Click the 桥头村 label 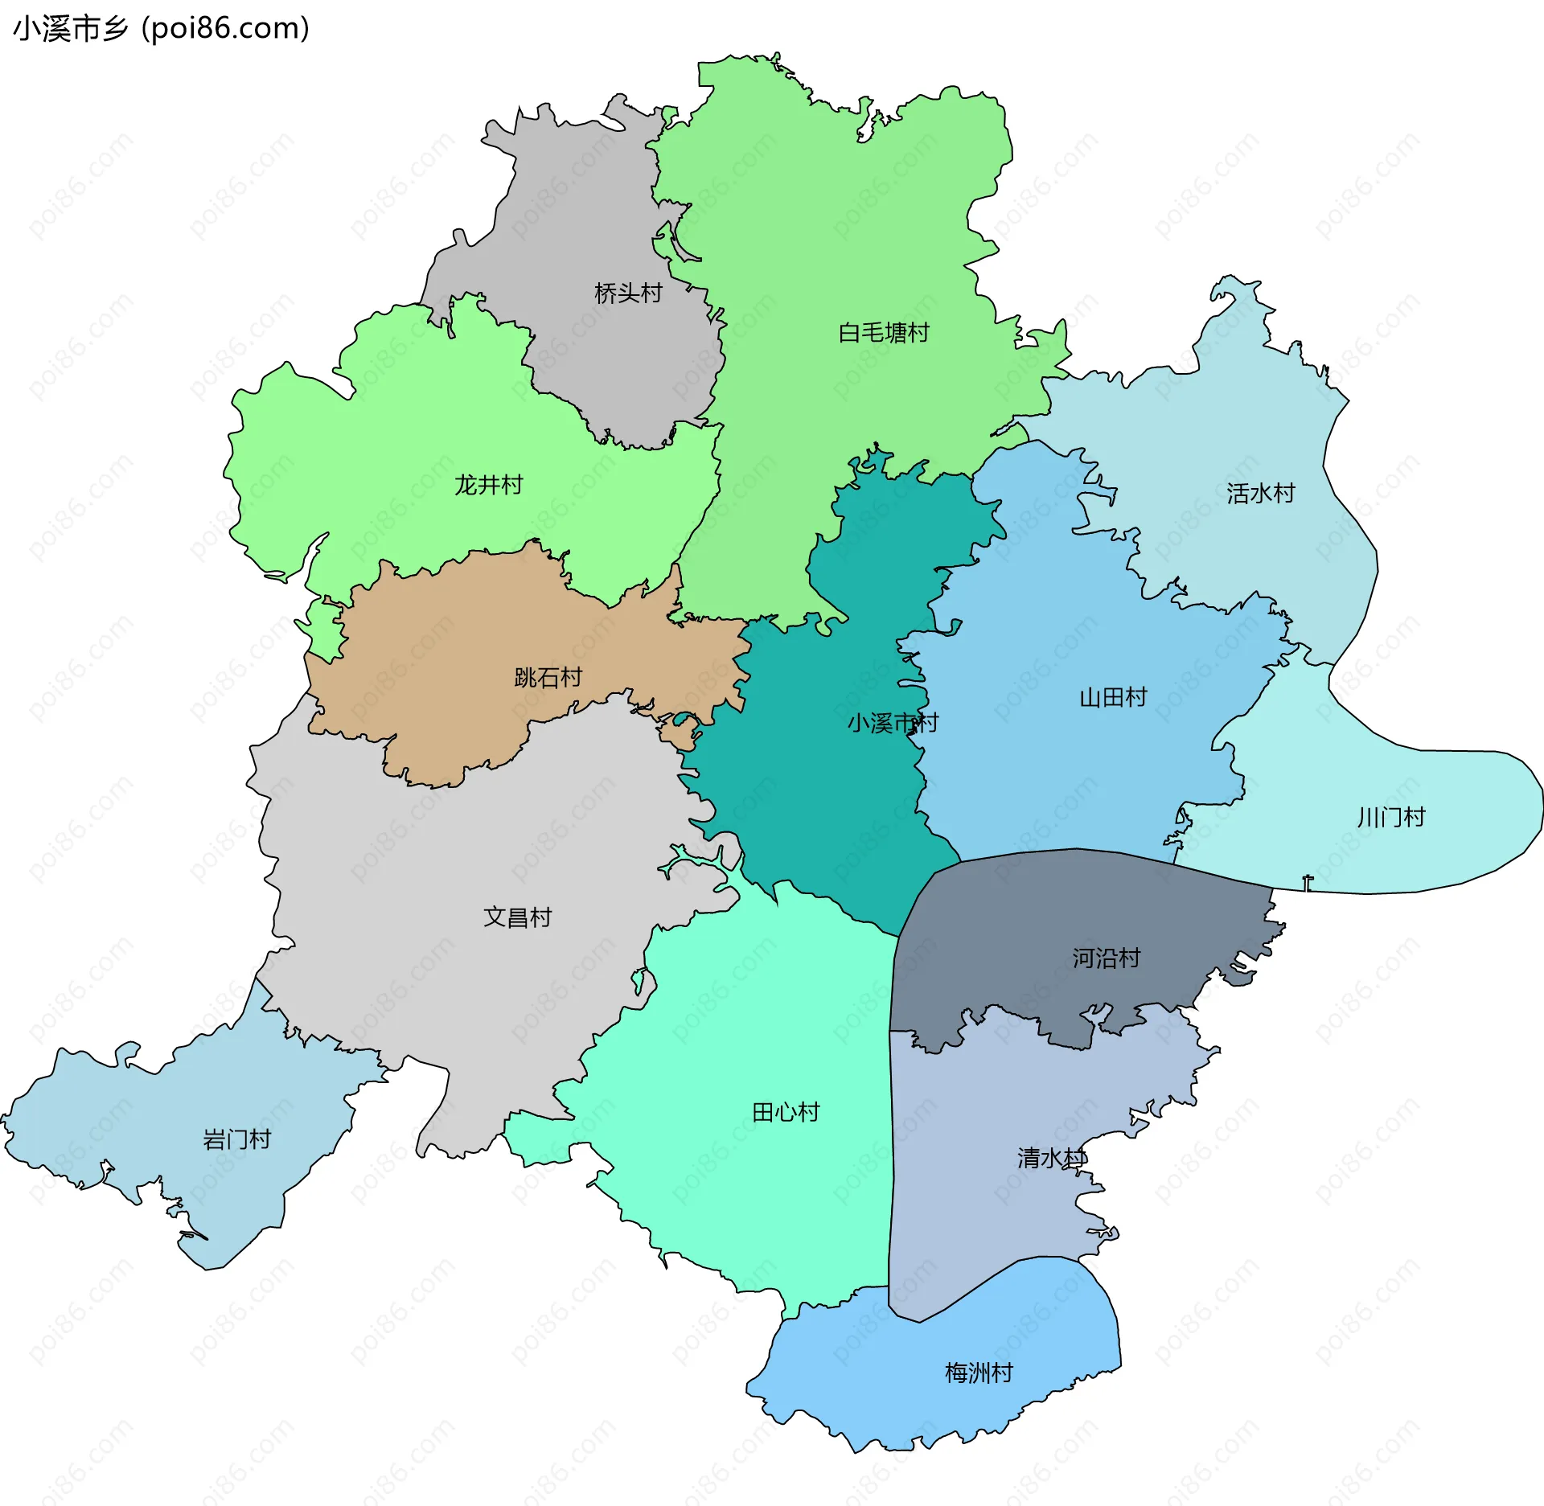628,293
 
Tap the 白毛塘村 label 883,333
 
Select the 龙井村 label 488,485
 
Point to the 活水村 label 1260,494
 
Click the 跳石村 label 548,678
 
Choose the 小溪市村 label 892,723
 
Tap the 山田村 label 1113,697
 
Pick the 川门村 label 1390,818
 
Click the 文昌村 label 517,917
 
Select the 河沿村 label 1106,958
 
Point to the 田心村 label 786,1113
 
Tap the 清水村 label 1051,1159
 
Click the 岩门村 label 236,1139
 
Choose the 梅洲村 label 979,1373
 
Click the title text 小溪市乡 71,29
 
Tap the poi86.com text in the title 225,29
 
